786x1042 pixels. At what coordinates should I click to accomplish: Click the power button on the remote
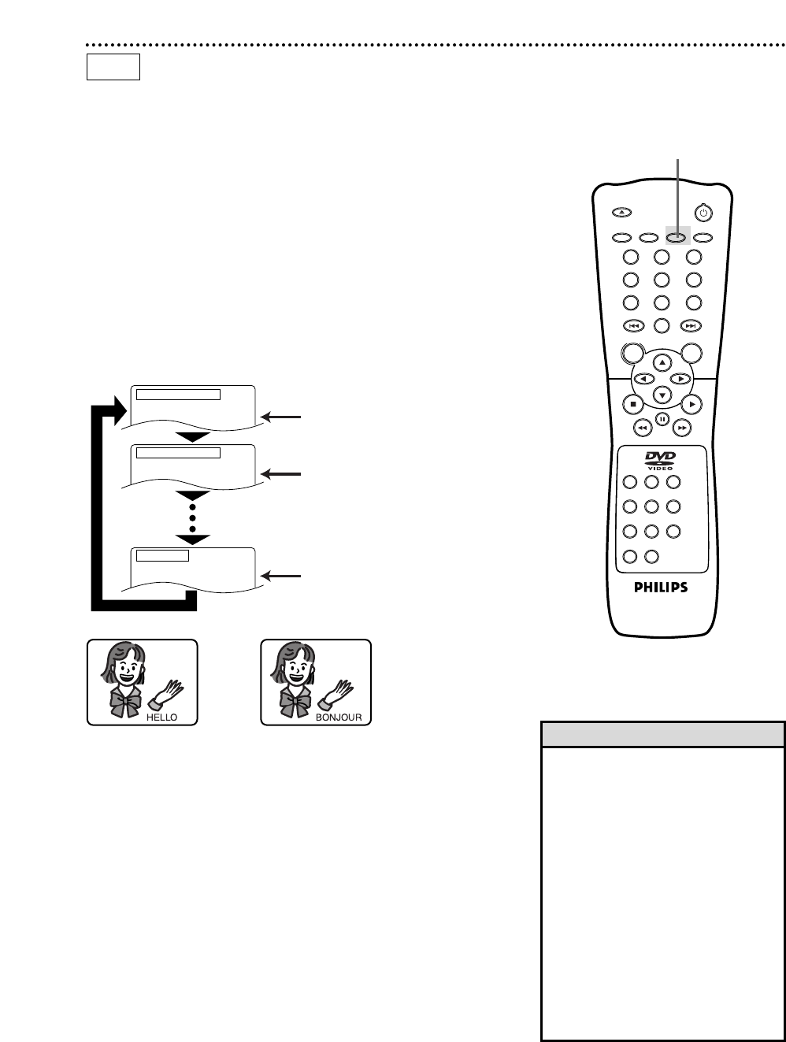tap(703, 213)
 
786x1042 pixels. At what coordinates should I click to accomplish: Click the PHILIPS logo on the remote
tap(661, 588)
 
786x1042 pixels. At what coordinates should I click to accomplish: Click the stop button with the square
tap(632, 404)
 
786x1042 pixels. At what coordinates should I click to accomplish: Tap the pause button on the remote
tap(662, 419)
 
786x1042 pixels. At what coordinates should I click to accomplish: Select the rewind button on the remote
tap(642, 427)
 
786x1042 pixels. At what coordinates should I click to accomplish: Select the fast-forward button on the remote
tap(682, 427)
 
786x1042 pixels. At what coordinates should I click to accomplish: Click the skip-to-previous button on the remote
tap(632, 326)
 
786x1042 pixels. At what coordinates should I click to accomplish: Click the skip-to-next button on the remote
tap(691, 326)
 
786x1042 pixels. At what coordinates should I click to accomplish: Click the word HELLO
tap(161, 718)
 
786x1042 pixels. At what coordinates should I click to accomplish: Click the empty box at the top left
tap(113, 67)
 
